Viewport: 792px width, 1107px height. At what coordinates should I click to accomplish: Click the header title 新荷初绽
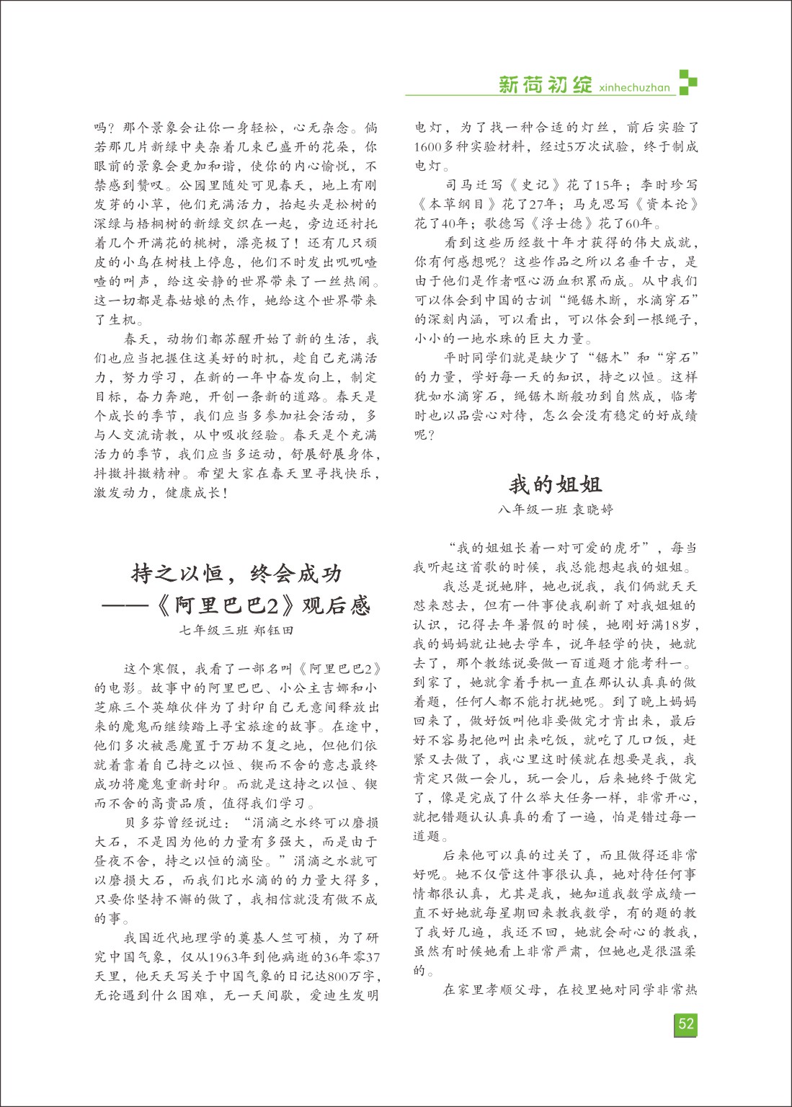[x=545, y=85]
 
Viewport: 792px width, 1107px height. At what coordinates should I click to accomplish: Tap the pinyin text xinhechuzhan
[x=634, y=88]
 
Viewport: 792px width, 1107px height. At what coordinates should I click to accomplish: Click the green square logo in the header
[x=688, y=81]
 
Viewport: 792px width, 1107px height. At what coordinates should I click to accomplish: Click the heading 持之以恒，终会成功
[x=237, y=574]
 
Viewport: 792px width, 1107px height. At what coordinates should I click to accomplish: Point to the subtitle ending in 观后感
[x=237, y=605]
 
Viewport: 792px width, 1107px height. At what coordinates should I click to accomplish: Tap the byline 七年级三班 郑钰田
[x=237, y=630]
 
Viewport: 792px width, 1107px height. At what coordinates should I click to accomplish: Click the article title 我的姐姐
[x=555, y=484]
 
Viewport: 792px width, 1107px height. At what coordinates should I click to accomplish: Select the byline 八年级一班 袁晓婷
[x=555, y=510]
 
